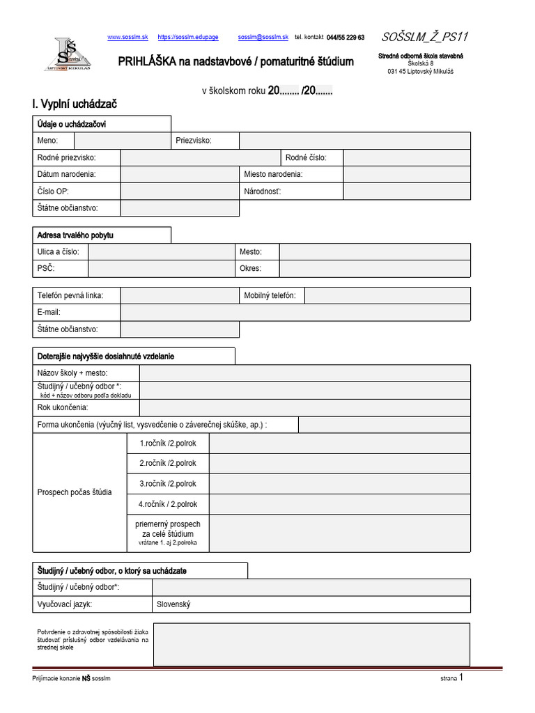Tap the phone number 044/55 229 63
click(345, 37)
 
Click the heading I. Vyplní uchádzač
click(75, 104)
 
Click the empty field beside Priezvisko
click(354, 141)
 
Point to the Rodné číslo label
click(305, 158)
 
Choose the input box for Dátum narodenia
click(180, 174)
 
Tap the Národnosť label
click(262, 191)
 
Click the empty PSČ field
click(160, 268)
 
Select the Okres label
click(250, 268)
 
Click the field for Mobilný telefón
click(387, 296)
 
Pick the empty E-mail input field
click(295, 313)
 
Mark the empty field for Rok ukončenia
click(304, 407)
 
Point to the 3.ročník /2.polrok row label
click(168, 483)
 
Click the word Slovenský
click(173, 604)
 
